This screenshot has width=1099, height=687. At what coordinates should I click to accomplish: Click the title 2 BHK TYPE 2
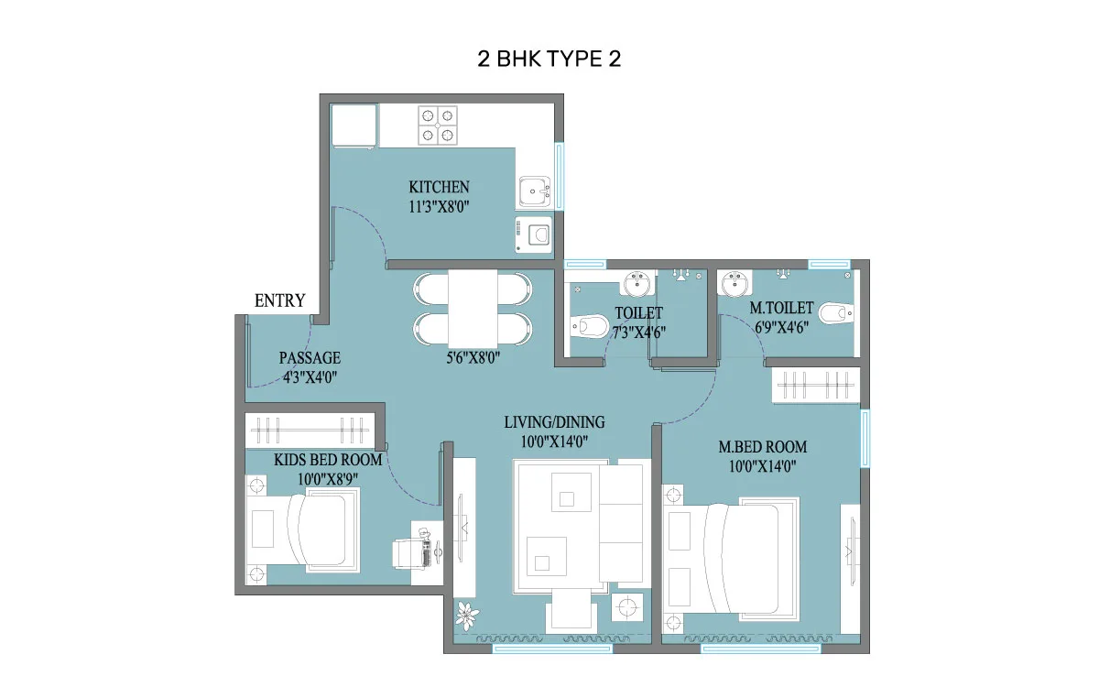coord(550,59)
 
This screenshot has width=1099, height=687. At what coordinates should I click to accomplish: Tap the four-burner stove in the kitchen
coord(438,125)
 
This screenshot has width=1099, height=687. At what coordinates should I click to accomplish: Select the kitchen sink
coord(532,192)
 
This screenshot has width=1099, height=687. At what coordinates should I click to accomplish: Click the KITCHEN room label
coord(439,188)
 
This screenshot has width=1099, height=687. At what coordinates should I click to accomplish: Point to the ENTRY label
coord(279,300)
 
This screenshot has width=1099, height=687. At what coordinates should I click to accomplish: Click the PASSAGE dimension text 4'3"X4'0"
coord(310,375)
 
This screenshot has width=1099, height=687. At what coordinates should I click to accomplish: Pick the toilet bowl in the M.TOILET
coord(835,315)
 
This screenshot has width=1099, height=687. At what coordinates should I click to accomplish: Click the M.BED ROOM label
coord(762,447)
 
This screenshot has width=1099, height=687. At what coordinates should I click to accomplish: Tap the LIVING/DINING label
coord(554,422)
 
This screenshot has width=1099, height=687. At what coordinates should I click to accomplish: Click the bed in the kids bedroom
coord(311,529)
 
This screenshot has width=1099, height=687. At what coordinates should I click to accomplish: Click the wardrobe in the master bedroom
coord(815,385)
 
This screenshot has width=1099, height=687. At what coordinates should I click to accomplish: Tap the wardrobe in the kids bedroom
coord(311,429)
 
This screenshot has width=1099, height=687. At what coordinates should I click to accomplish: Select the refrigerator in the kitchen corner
coord(353,125)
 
